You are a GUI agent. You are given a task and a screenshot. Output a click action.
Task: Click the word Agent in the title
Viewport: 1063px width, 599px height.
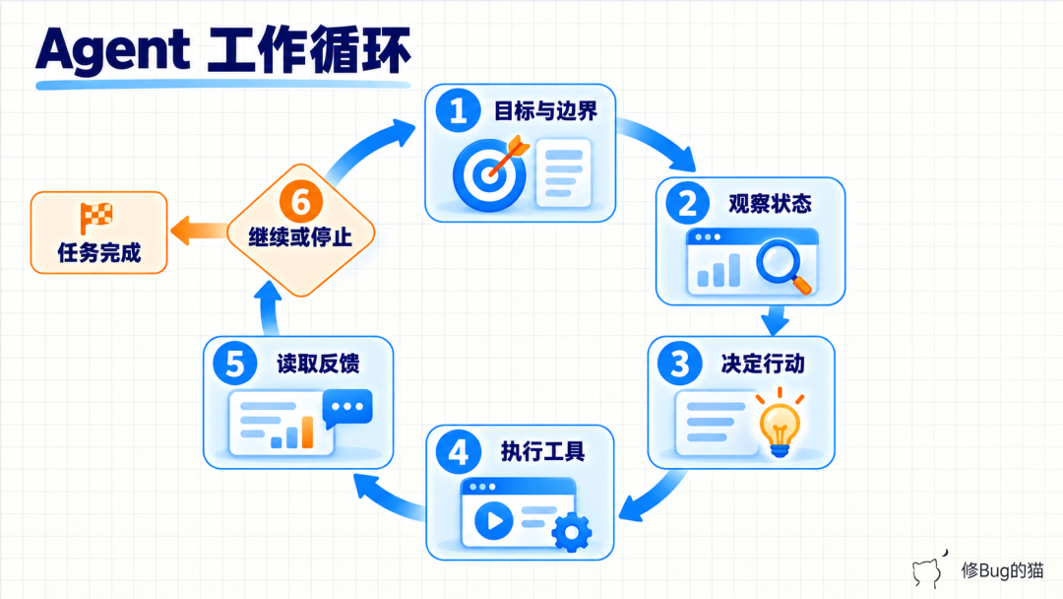pos(113,50)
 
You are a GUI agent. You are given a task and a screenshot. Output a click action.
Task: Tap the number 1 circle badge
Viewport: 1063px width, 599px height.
pos(459,110)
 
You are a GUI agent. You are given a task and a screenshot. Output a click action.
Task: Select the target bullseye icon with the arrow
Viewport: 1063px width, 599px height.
pos(491,172)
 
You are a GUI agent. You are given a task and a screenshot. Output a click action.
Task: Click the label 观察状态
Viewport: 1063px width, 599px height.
pos(770,204)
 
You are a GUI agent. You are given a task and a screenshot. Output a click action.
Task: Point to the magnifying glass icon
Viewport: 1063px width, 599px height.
pos(783,267)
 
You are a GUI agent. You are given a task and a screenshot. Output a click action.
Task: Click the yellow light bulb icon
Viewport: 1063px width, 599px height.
pos(780,424)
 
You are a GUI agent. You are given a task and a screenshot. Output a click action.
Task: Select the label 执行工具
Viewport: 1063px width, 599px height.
pos(542,451)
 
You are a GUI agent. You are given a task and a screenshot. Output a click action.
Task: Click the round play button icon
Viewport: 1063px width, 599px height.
pos(493,520)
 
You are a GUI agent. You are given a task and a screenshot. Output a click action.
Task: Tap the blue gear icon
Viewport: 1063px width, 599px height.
pos(572,533)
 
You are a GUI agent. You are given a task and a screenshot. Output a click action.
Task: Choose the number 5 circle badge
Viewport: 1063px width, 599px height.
pos(234,363)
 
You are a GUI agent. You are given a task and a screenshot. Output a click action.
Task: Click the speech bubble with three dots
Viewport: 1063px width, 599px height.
pos(347,408)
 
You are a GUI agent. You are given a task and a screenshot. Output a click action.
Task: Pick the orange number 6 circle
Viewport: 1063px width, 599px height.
pos(301,201)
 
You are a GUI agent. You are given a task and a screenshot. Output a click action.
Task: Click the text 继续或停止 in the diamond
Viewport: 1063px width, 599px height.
pos(300,237)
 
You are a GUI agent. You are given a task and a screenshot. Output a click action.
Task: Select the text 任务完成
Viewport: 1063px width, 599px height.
pos(99,252)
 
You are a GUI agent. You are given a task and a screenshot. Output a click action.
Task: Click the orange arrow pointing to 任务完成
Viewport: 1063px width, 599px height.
pos(199,231)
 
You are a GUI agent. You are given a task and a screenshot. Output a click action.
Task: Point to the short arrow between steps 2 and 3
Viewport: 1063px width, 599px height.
pos(775,320)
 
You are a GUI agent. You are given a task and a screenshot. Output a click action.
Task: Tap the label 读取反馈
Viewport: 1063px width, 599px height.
pos(318,364)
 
